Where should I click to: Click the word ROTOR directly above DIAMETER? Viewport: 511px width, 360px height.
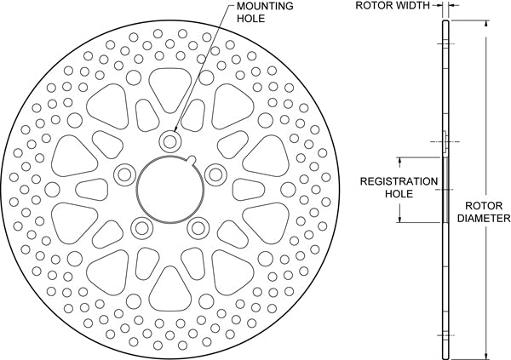[x=481, y=205]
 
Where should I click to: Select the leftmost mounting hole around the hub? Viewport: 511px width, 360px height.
[x=123, y=174]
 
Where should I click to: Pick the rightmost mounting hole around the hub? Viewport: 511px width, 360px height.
[x=215, y=174]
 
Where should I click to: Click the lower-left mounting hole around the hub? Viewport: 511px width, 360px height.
[x=141, y=226]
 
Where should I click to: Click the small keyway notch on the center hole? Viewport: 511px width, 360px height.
[x=194, y=161]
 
